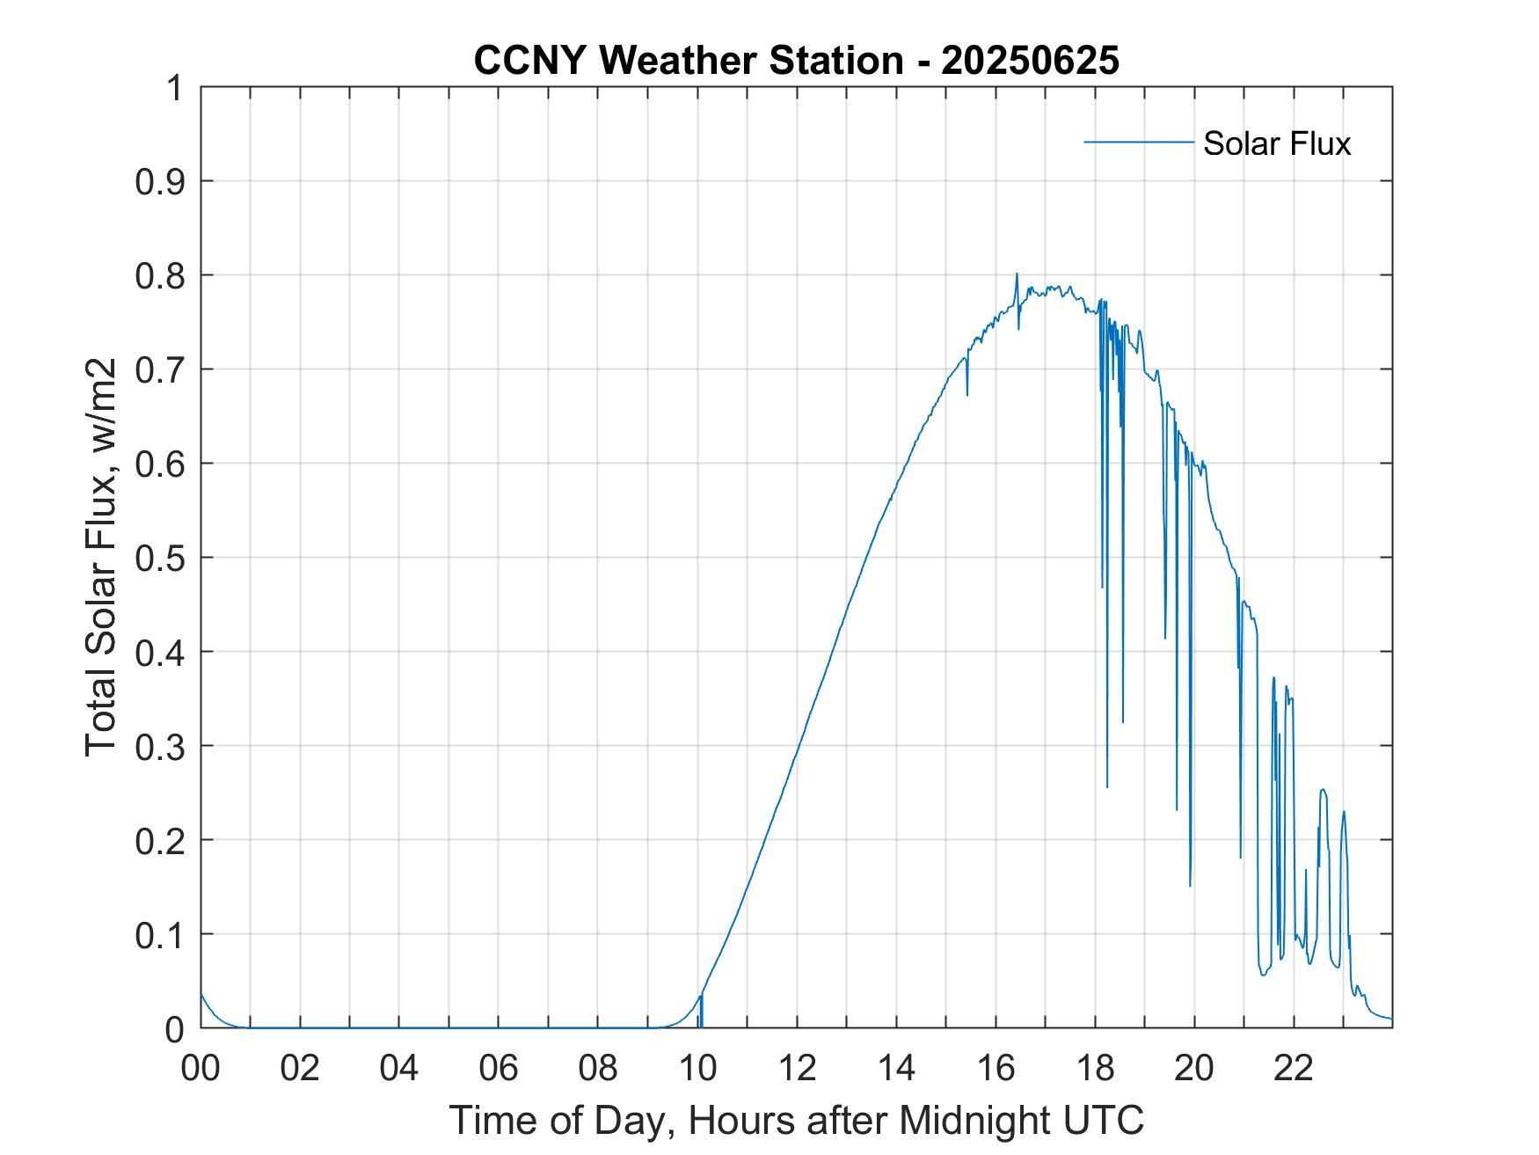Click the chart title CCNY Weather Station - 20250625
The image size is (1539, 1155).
point(796,61)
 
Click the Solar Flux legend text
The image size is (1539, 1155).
point(1276,143)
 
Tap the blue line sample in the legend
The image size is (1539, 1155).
point(1138,142)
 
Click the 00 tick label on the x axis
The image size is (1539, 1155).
point(201,1069)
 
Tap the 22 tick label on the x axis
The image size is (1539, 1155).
point(1294,1069)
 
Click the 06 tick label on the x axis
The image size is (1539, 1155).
point(499,1069)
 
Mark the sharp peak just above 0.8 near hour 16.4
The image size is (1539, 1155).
point(1017,274)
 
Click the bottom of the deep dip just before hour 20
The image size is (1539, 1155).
point(1190,884)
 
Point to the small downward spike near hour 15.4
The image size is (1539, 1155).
point(967,394)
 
